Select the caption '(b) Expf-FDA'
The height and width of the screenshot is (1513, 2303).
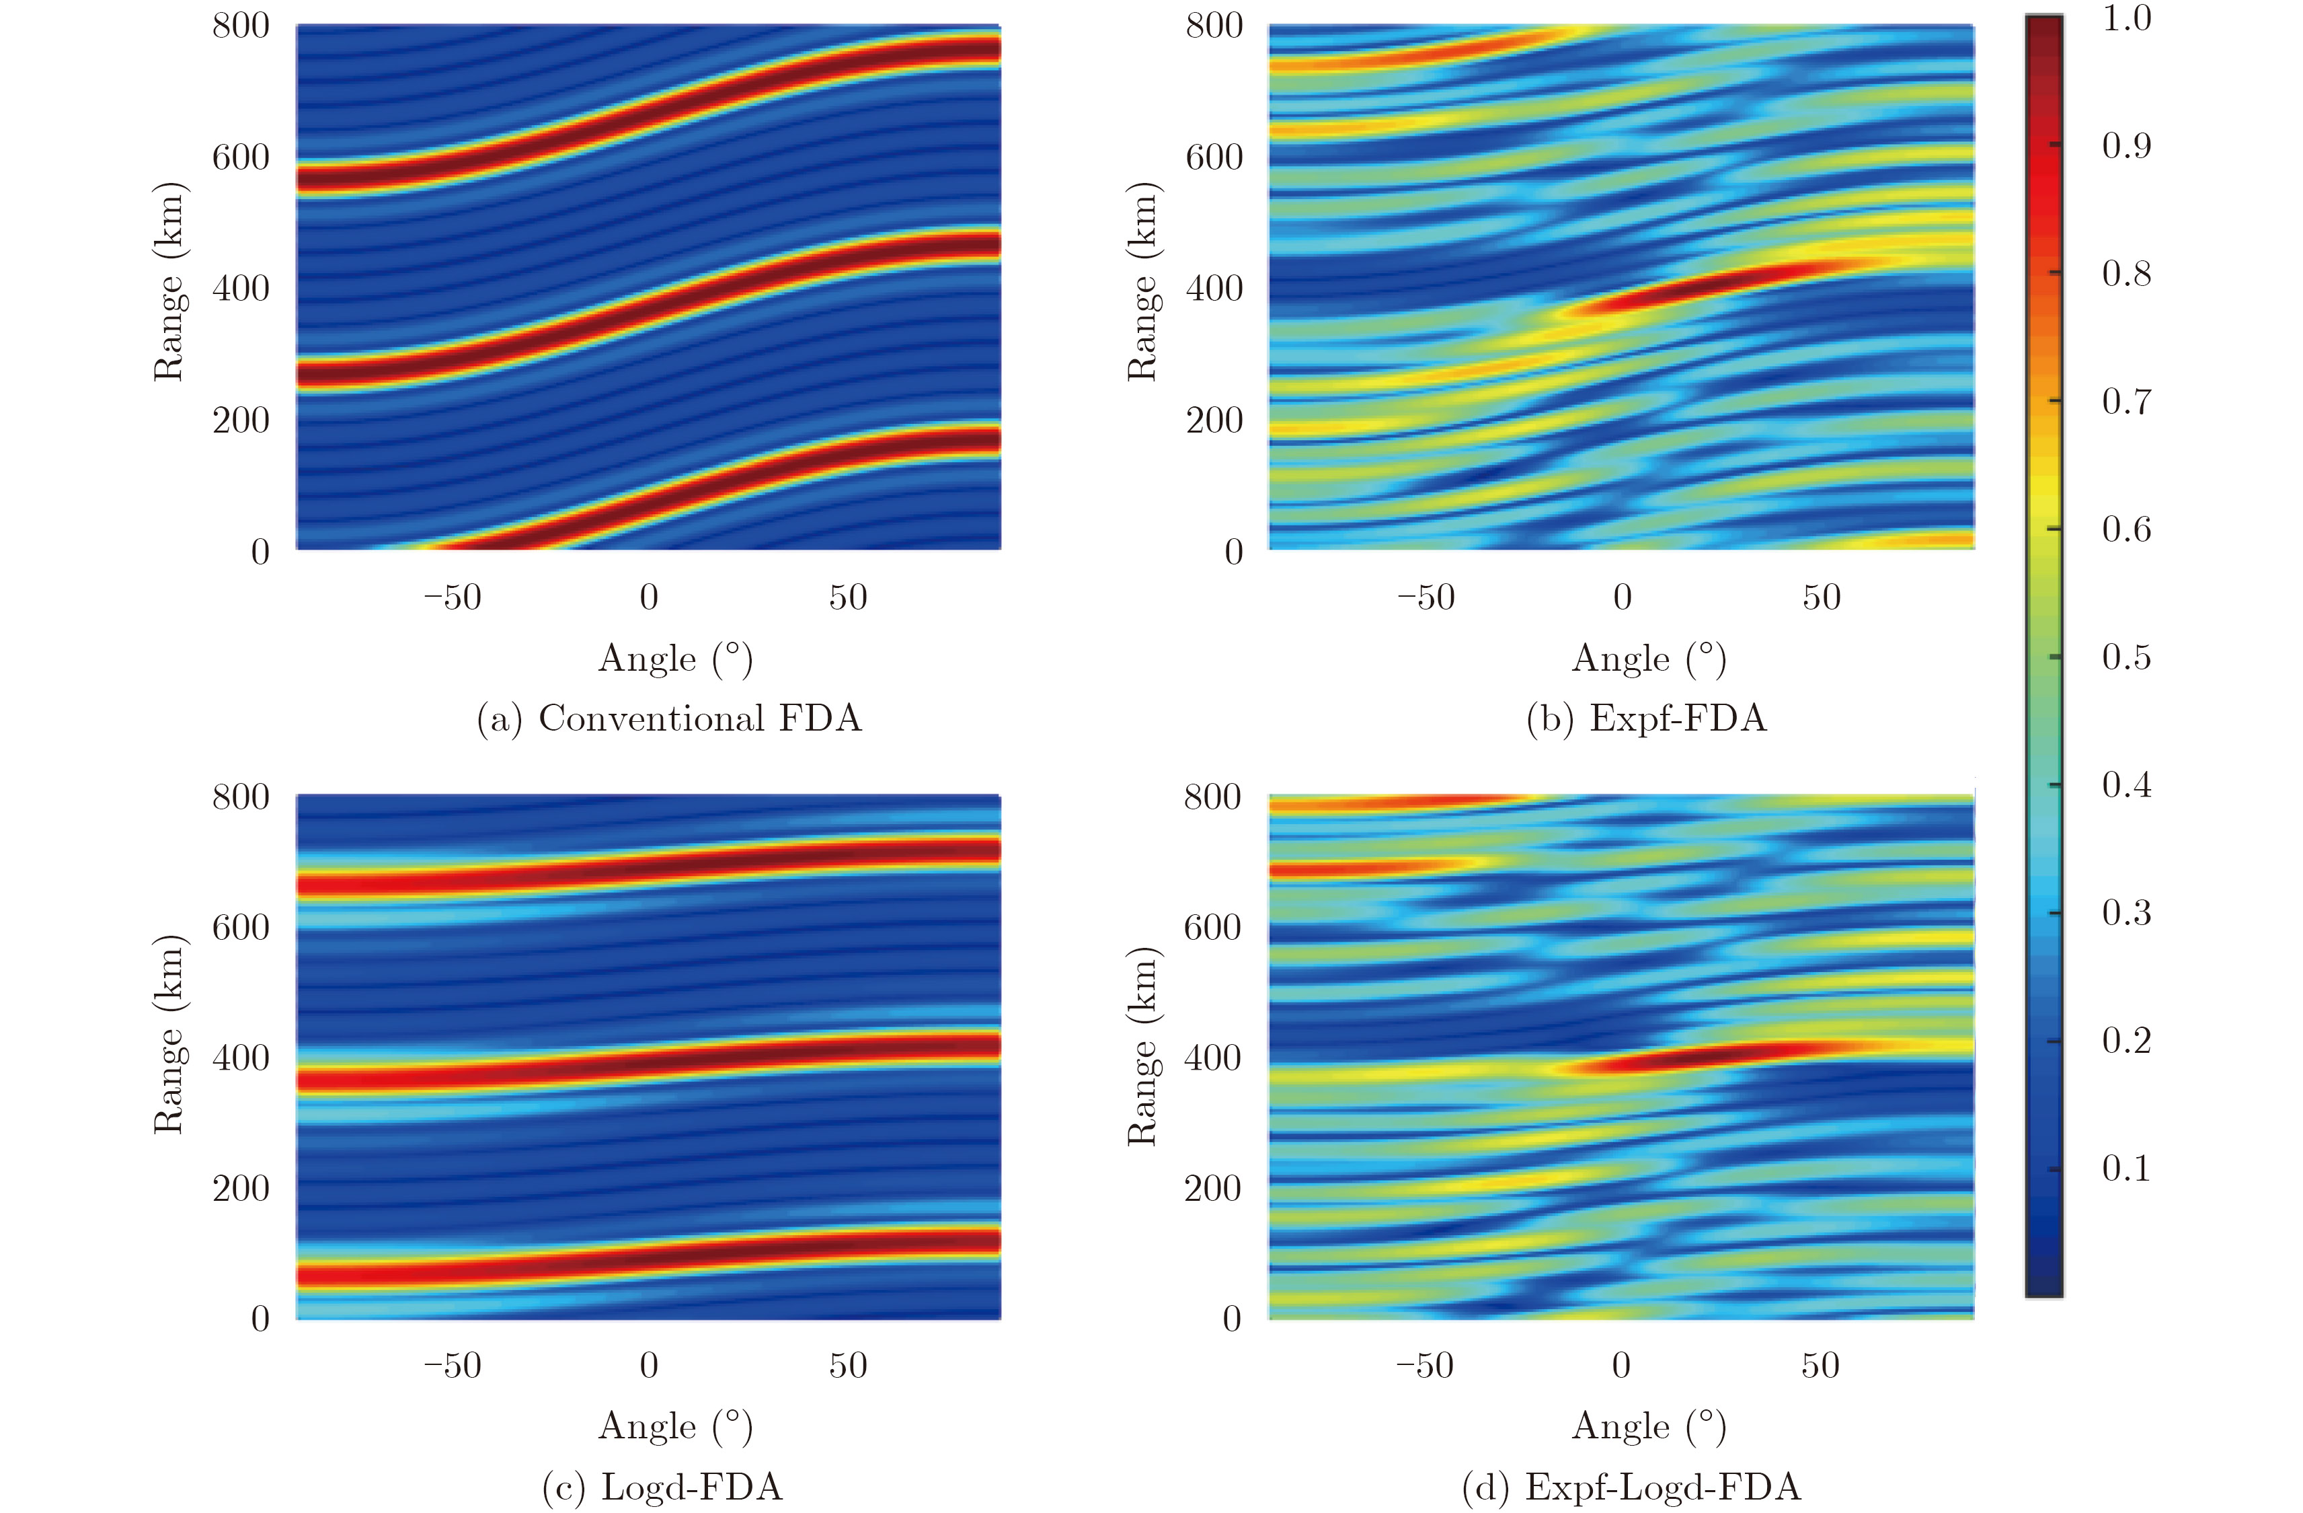pos(1646,718)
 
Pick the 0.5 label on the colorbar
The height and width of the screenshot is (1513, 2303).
pos(2126,657)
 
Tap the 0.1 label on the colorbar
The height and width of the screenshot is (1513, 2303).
pos(2126,1169)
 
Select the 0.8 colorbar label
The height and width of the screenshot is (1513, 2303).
pos(2126,274)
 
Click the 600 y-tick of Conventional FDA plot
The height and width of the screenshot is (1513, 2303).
pos(241,157)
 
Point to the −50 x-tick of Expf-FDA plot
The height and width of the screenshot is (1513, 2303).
pos(1426,597)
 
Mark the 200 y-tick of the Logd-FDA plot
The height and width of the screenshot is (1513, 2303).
pos(241,1188)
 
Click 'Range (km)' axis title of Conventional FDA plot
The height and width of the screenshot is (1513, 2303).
pos(169,282)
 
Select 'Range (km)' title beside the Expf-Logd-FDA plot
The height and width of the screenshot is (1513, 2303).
pos(1143,1046)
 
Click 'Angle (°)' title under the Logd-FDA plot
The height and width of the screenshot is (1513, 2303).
pos(675,1426)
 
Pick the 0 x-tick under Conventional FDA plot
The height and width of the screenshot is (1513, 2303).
pos(650,597)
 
